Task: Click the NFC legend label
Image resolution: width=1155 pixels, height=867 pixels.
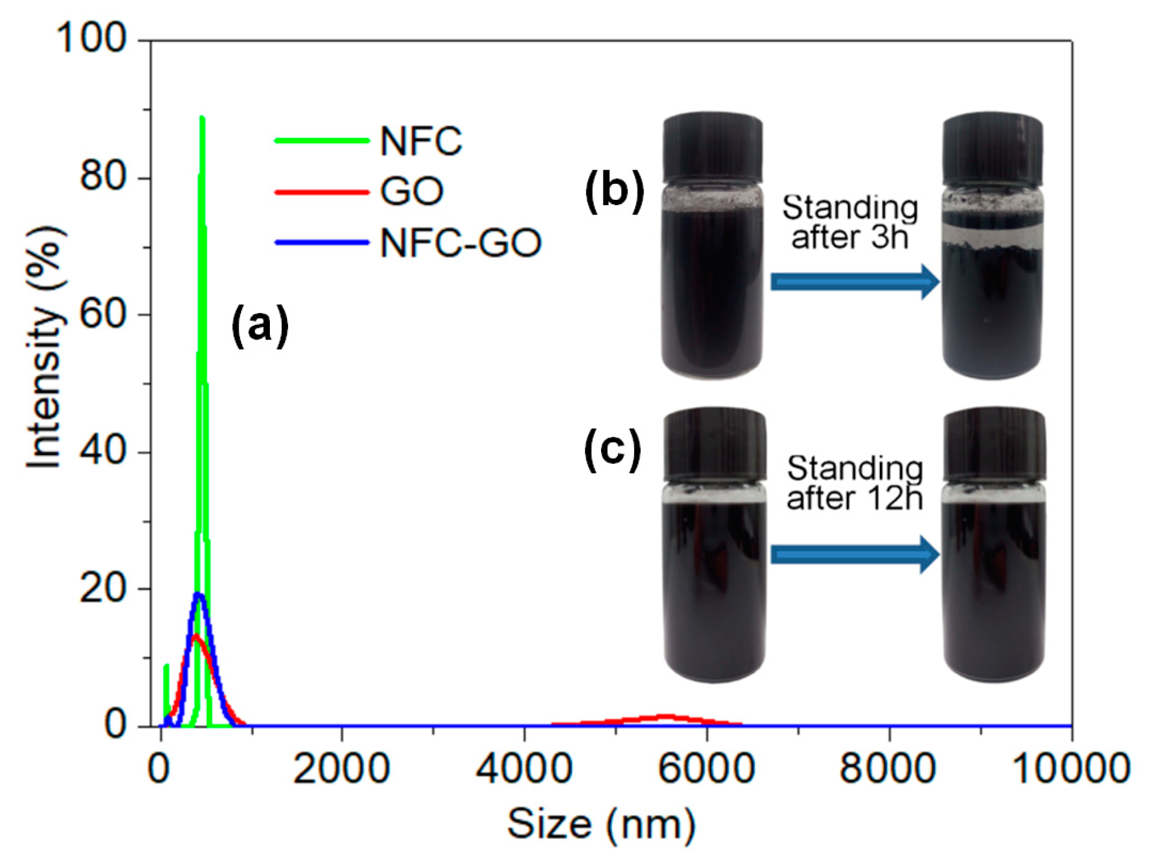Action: coord(421,141)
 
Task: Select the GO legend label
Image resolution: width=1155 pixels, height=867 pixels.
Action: coord(411,192)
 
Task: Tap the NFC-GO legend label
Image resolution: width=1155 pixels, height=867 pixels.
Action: coord(460,243)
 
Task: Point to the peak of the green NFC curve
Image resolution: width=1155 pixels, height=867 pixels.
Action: coord(202,120)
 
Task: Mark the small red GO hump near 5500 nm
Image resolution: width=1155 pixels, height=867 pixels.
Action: coord(665,717)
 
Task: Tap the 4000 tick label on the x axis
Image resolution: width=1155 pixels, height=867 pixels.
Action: coord(524,769)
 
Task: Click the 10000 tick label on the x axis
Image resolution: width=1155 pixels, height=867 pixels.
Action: coord(1070,769)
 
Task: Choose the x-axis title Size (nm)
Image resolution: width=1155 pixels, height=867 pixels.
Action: coord(601,824)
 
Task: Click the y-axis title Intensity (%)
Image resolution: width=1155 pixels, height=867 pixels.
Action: coord(45,348)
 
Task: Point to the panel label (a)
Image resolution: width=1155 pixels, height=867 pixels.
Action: coord(260,325)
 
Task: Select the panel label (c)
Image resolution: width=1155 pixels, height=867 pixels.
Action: coord(612,451)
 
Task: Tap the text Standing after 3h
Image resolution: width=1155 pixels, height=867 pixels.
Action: coord(850,222)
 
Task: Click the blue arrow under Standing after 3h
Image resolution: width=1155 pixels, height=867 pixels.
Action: coord(854,282)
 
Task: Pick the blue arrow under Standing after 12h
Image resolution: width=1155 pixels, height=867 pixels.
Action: coord(854,555)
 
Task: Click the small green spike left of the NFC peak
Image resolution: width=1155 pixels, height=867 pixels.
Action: coord(166,669)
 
